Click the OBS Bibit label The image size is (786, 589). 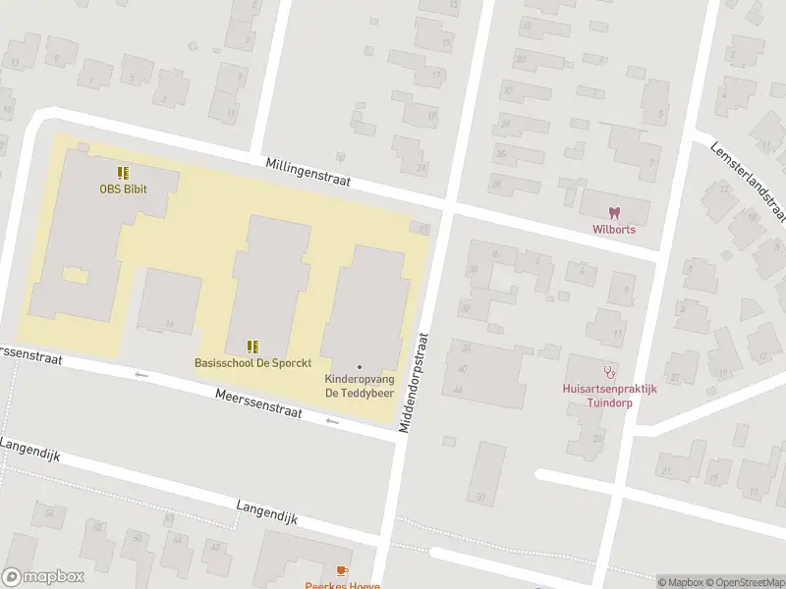pos(123,189)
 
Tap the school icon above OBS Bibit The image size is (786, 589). pos(123,173)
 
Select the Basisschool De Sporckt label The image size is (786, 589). pos(253,363)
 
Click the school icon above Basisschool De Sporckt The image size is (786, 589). pos(253,347)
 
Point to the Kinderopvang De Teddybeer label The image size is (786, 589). pos(359,386)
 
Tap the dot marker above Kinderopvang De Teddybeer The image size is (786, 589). pos(359,367)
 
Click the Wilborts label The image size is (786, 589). pos(613,230)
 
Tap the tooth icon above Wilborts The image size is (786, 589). pos(613,213)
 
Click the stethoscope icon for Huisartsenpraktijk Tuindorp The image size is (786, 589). pos(611,372)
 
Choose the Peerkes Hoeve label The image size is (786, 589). pos(342,584)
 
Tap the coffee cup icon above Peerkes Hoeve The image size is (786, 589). pos(342,570)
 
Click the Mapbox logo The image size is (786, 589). pos(43,577)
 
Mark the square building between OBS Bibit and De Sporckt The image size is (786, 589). pos(169,301)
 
